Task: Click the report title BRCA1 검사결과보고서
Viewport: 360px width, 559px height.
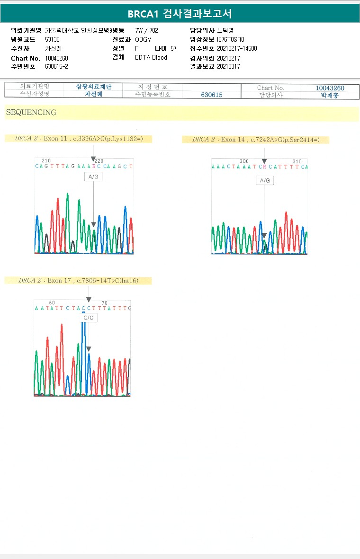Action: [180, 14]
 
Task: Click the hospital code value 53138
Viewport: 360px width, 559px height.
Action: [52, 39]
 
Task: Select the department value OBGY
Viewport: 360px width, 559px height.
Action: [143, 39]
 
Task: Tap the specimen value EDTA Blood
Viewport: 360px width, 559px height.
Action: [151, 57]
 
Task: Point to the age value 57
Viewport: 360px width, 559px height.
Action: [173, 48]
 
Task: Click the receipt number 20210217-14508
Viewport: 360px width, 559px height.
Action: [237, 48]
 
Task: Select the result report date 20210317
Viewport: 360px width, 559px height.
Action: [228, 66]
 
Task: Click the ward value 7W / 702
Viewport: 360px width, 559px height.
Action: [146, 30]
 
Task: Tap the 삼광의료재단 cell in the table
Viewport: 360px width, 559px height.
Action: [94, 87]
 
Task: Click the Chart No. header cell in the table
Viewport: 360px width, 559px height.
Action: [270, 88]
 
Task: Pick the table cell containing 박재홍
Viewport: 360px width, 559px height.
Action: [330, 95]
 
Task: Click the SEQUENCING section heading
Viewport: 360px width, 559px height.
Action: [31, 113]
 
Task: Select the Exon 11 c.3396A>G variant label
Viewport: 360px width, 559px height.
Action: [79, 139]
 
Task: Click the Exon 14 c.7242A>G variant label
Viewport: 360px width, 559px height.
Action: [256, 140]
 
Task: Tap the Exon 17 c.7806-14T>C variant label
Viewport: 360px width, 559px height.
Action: [79, 281]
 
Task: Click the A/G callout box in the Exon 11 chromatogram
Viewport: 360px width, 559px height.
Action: [93, 177]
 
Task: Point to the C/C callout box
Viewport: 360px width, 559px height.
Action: [88, 318]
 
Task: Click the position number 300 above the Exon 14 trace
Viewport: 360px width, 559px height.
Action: [244, 161]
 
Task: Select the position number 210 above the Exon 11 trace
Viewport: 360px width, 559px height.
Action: [46, 161]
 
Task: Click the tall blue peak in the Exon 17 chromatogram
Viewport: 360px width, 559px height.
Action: [84, 350]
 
